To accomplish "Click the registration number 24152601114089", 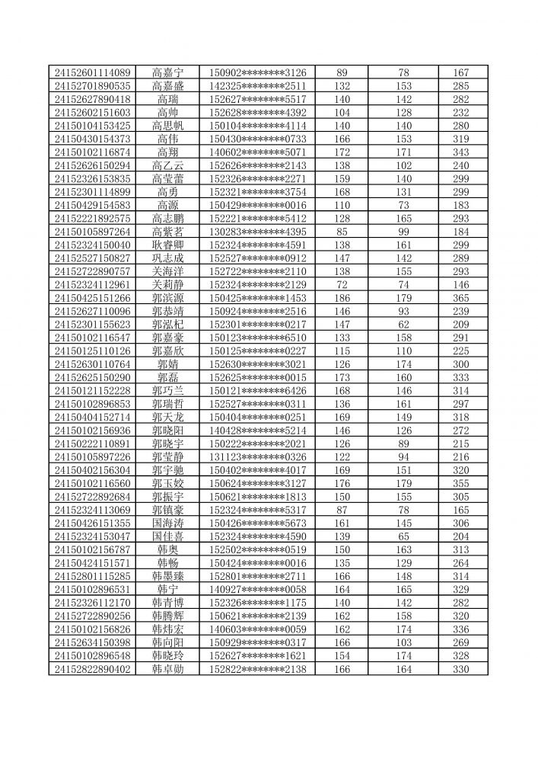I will pyautogui.click(x=93, y=72).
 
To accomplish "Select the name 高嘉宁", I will pyautogui.click(x=167, y=72).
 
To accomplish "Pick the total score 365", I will pyautogui.click(x=461, y=298).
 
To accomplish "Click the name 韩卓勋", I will pyautogui.click(x=167, y=669).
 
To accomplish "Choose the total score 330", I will pyautogui.click(x=461, y=669).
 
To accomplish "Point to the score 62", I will pyautogui.click(x=404, y=324).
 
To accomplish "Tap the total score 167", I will pyautogui.click(x=461, y=72).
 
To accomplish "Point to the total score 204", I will pyautogui.click(x=461, y=536).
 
